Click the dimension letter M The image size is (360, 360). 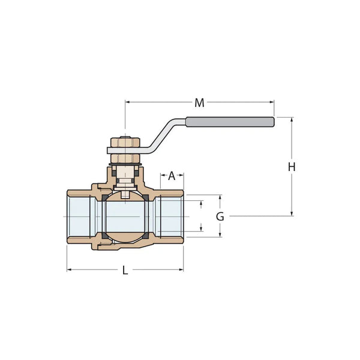click(x=199, y=103)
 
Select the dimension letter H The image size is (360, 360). click(x=292, y=167)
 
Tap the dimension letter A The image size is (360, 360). click(x=172, y=176)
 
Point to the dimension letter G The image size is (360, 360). click(x=220, y=217)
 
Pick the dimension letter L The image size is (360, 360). click(x=125, y=271)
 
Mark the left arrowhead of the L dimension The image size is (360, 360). click(x=69, y=270)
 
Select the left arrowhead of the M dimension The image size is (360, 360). click(x=127, y=103)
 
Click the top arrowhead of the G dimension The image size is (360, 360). click(x=220, y=197)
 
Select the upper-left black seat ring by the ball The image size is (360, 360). click(x=103, y=197)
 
